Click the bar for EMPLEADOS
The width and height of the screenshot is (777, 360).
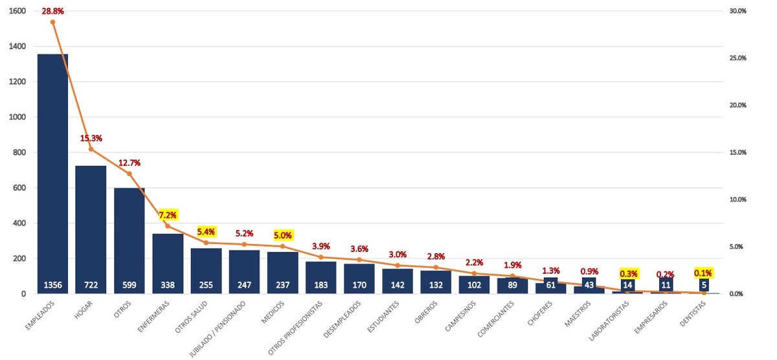click(52, 168)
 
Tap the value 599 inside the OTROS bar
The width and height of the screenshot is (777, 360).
click(129, 286)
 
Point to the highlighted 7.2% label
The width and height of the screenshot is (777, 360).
click(168, 214)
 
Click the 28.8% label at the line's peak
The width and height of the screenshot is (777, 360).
click(52, 11)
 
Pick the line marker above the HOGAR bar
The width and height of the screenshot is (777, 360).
click(91, 149)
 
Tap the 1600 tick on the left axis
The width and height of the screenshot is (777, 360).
click(17, 11)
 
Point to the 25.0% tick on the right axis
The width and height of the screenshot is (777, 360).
click(738, 58)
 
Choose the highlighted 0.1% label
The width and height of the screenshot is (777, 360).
click(704, 273)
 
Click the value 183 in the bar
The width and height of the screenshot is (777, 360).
click(321, 286)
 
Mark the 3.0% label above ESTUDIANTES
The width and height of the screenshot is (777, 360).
click(398, 254)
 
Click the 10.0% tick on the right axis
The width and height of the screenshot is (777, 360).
click(738, 199)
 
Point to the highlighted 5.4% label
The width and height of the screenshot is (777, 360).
click(206, 231)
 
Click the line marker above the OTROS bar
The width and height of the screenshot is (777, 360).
click(129, 174)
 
